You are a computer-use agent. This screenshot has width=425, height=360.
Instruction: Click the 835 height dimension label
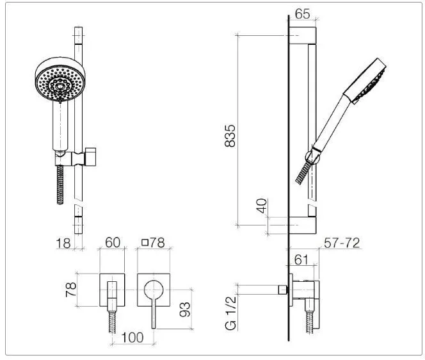point(230,136)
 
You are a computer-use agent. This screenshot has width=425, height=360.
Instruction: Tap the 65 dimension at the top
point(302,13)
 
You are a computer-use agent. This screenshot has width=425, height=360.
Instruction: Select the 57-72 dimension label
point(342,243)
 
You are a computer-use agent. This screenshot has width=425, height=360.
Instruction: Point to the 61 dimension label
point(301,260)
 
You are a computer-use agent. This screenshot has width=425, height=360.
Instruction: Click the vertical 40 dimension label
point(261,206)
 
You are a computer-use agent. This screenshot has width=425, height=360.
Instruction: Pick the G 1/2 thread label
point(230,313)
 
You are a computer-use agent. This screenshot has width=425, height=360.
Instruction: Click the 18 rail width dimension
point(63,243)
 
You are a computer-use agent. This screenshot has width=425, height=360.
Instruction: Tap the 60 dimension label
point(113,242)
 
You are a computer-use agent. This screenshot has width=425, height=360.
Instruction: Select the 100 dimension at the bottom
point(132,338)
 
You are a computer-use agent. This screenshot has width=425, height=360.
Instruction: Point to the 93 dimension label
point(185,309)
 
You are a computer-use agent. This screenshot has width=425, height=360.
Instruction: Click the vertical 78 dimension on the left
point(71,290)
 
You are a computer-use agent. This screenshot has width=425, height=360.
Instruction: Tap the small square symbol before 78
point(145,242)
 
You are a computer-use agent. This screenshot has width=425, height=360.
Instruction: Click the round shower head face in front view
point(60,80)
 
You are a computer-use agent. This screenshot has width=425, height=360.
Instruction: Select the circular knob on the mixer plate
point(154,290)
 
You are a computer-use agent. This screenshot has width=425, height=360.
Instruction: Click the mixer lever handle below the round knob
point(154,314)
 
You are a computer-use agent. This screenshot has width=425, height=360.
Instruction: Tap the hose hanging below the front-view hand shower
point(60,184)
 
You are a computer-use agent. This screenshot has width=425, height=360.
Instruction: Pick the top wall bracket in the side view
point(302,35)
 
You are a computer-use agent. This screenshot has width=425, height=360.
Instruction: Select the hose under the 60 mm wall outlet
point(113,322)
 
